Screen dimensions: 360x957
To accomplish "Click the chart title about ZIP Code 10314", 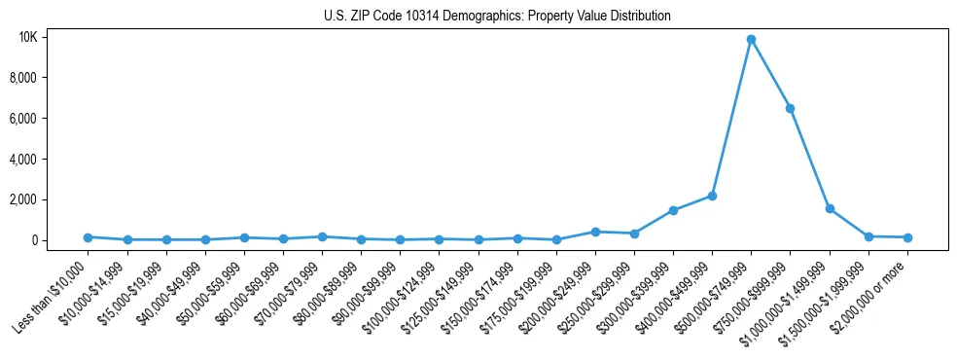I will coord(497,17).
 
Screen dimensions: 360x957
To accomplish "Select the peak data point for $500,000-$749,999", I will coord(751,40).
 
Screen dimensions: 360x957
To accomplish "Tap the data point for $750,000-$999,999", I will coord(791,108).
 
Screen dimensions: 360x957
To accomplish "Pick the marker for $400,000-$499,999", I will coord(712,196).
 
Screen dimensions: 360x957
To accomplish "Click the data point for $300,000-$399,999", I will coord(673,210).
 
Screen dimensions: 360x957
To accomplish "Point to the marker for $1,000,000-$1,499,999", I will coord(830,208).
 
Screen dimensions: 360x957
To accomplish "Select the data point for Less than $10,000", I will coord(88,237).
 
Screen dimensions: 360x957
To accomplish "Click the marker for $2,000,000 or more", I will coord(907,237).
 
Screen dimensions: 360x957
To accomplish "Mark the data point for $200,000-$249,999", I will coord(595,232).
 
